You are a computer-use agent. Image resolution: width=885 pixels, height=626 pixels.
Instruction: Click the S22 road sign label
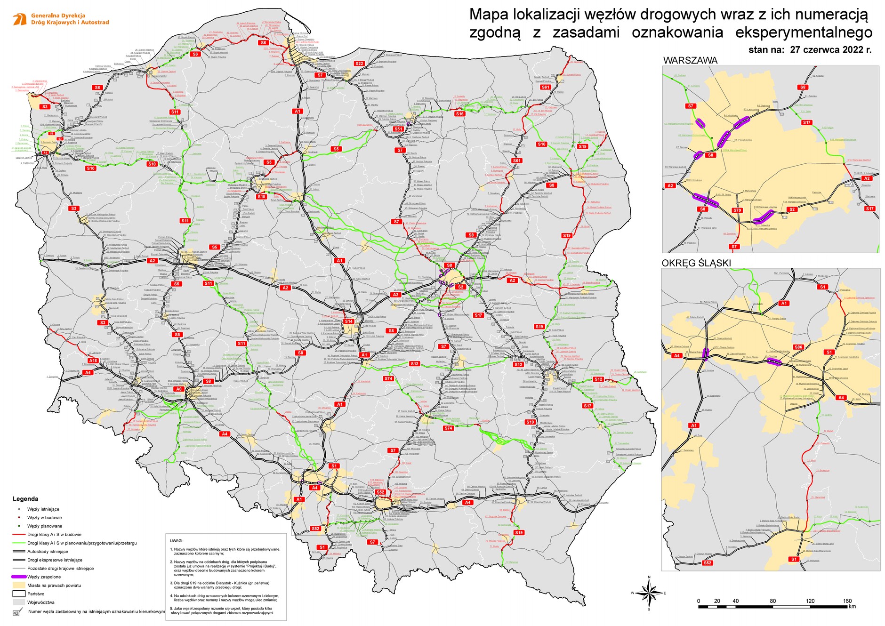(x=360, y=64)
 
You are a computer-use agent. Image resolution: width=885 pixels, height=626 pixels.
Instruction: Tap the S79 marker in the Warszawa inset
(x=737, y=210)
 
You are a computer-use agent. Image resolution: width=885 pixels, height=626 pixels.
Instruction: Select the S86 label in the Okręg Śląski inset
(x=798, y=347)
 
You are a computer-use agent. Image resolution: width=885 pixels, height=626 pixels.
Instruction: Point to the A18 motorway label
(x=93, y=361)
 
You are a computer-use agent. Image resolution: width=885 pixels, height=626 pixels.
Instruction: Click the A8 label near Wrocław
(x=179, y=389)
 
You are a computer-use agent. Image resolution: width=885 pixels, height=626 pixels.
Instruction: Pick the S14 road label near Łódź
(x=349, y=321)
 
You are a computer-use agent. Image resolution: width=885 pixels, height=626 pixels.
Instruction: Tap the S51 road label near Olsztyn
(x=399, y=128)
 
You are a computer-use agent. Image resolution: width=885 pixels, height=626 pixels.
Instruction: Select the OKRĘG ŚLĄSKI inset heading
(x=696, y=263)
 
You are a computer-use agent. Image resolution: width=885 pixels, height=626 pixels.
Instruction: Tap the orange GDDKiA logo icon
(x=20, y=19)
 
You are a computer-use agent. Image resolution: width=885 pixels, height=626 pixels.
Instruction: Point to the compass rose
(x=649, y=593)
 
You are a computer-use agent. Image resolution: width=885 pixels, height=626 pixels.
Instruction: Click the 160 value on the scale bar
(x=847, y=601)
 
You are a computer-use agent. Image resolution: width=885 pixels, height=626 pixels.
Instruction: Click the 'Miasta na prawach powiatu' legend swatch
(x=19, y=585)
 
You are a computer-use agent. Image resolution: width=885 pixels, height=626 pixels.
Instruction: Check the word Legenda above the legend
(x=25, y=499)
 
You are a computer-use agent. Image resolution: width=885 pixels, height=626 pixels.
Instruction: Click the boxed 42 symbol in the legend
(x=16, y=613)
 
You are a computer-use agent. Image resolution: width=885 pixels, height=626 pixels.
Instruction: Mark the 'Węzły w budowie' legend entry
(x=44, y=518)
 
